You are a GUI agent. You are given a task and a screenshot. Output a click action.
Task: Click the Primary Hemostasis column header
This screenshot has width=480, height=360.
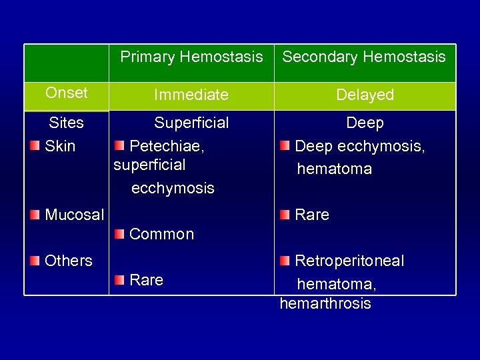(x=191, y=57)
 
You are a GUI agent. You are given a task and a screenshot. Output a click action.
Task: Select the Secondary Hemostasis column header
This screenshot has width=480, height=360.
(x=364, y=57)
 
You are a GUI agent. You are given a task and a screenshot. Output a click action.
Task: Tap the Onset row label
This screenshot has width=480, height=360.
(x=67, y=93)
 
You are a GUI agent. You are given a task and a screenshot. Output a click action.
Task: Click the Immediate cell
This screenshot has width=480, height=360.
(x=191, y=95)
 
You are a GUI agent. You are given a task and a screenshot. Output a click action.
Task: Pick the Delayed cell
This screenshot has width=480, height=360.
(x=365, y=95)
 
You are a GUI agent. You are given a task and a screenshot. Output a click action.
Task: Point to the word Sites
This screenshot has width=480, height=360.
(x=67, y=123)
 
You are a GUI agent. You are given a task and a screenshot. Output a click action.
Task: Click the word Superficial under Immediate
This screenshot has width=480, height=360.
(x=191, y=123)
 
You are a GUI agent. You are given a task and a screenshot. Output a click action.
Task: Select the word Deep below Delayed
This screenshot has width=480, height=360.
(x=365, y=123)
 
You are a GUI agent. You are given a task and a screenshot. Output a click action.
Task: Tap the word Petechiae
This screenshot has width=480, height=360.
(x=167, y=145)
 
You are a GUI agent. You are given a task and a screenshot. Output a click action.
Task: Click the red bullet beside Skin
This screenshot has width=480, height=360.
(x=35, y=146)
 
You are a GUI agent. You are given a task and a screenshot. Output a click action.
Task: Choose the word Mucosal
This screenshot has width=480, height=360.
(x=74, y=215)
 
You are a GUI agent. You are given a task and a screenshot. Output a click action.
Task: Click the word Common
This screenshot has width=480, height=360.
(x=161, y=235)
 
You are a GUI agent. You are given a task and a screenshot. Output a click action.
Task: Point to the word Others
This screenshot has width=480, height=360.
(x=68, y=261)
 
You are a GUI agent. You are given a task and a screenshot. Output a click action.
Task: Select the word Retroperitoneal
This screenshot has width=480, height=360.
(x=349, y=261)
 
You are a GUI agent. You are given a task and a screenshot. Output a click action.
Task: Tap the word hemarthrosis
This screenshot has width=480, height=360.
(x=325, y=304)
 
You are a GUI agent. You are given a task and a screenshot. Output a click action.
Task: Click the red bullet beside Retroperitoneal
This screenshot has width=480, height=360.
(x=285, y=260)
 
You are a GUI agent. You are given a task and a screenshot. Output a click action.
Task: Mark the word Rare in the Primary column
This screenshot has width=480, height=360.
(x=146, y=280)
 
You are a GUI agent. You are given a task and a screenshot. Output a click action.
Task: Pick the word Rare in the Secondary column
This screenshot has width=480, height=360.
(x=312, y=215)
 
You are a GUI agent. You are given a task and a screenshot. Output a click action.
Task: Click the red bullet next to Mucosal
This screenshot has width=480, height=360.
(x=35, y=215)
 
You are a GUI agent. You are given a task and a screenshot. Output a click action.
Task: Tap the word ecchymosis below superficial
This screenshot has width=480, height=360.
(x=173, y=189)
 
